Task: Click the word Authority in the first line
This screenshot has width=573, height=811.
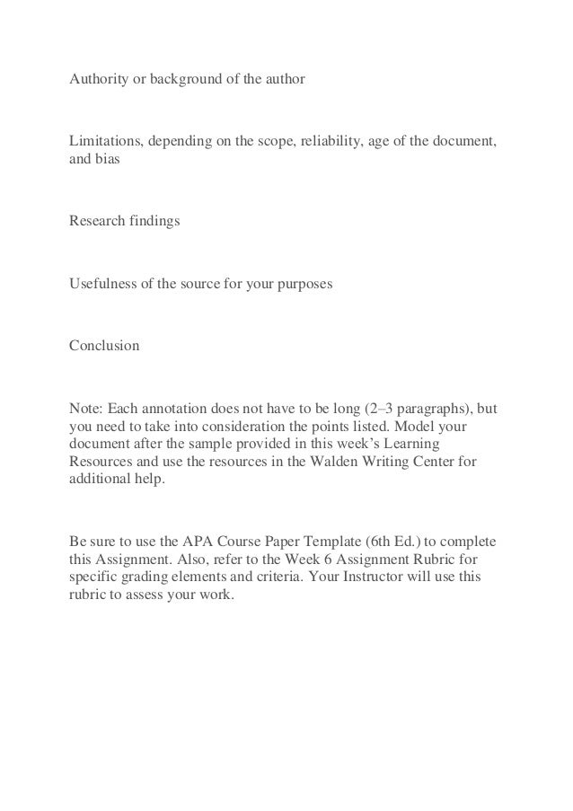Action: tap(97, 80)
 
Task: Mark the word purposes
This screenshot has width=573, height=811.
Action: tap(303, 285)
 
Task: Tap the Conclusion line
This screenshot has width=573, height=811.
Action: tap(104, 345)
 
